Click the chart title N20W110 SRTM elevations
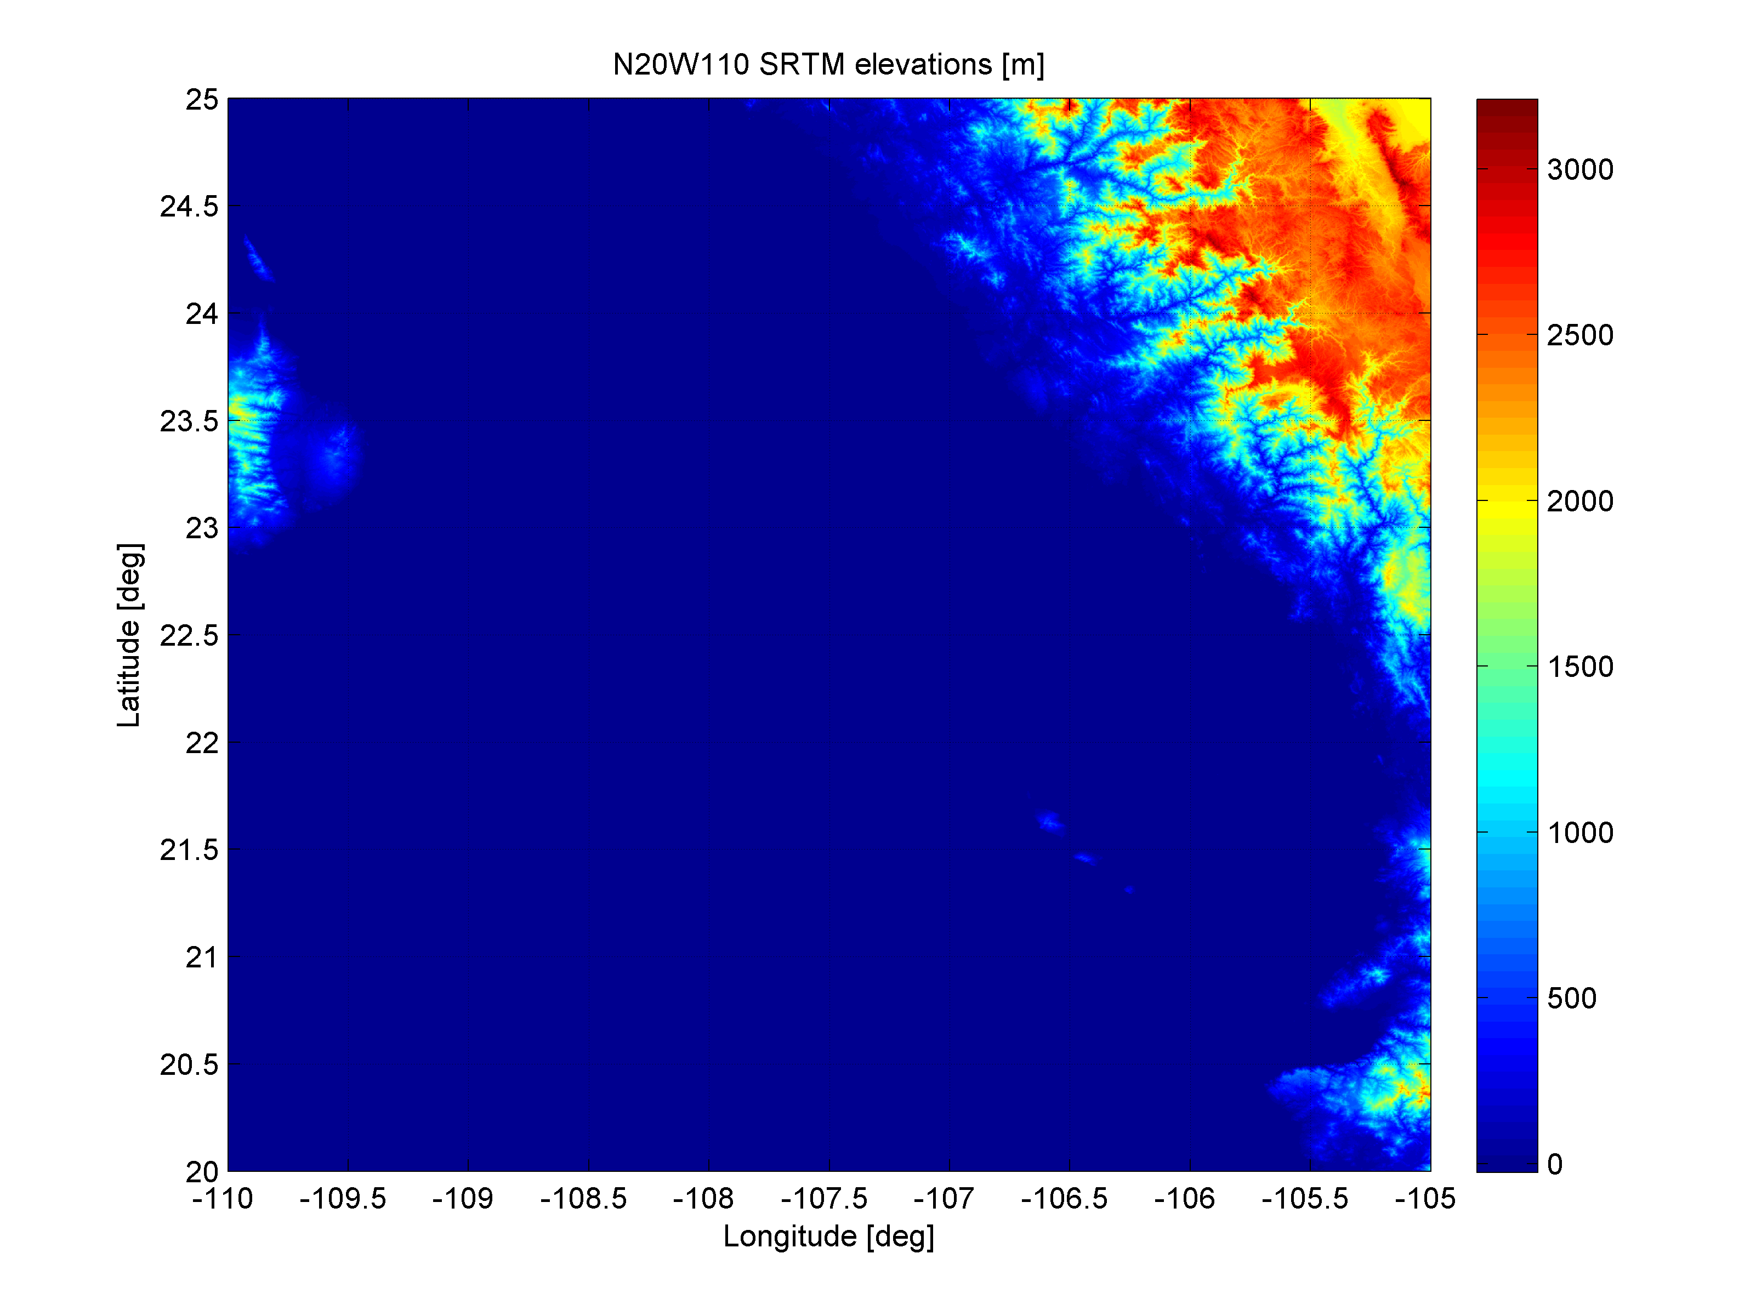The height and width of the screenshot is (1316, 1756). tap(828, 64)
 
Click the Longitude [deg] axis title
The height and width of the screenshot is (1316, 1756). tap(828, 1236)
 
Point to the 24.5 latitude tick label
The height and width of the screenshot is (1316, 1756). tap(188, 207)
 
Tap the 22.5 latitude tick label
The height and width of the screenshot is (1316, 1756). tap(188, 635)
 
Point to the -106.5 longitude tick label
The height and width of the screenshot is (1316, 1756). tap(1064, 1199)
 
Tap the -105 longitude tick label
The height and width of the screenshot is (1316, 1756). tap(1425, 1199)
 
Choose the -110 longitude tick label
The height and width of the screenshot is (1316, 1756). tap(222, 1199)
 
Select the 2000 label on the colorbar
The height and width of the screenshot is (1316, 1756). tap(1580, 501)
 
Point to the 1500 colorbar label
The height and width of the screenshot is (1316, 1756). tap(1580, 666)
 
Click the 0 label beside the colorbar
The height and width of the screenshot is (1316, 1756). tap(1554, 1164)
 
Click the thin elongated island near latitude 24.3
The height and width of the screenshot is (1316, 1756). tap(258, 259)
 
